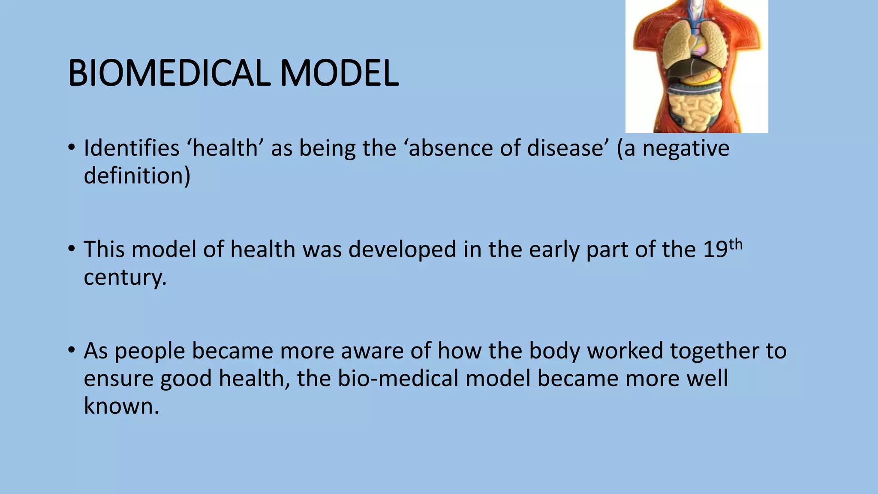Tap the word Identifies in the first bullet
pos(131,148)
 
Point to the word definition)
pos(137,176)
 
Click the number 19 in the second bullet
pos(715,250)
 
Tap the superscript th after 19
pos(736,244)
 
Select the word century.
pos(125,277)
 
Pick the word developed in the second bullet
pos(402,250)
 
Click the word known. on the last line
pos(121,406)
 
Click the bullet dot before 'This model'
pos(71,249)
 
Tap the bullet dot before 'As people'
pos(71,350)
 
